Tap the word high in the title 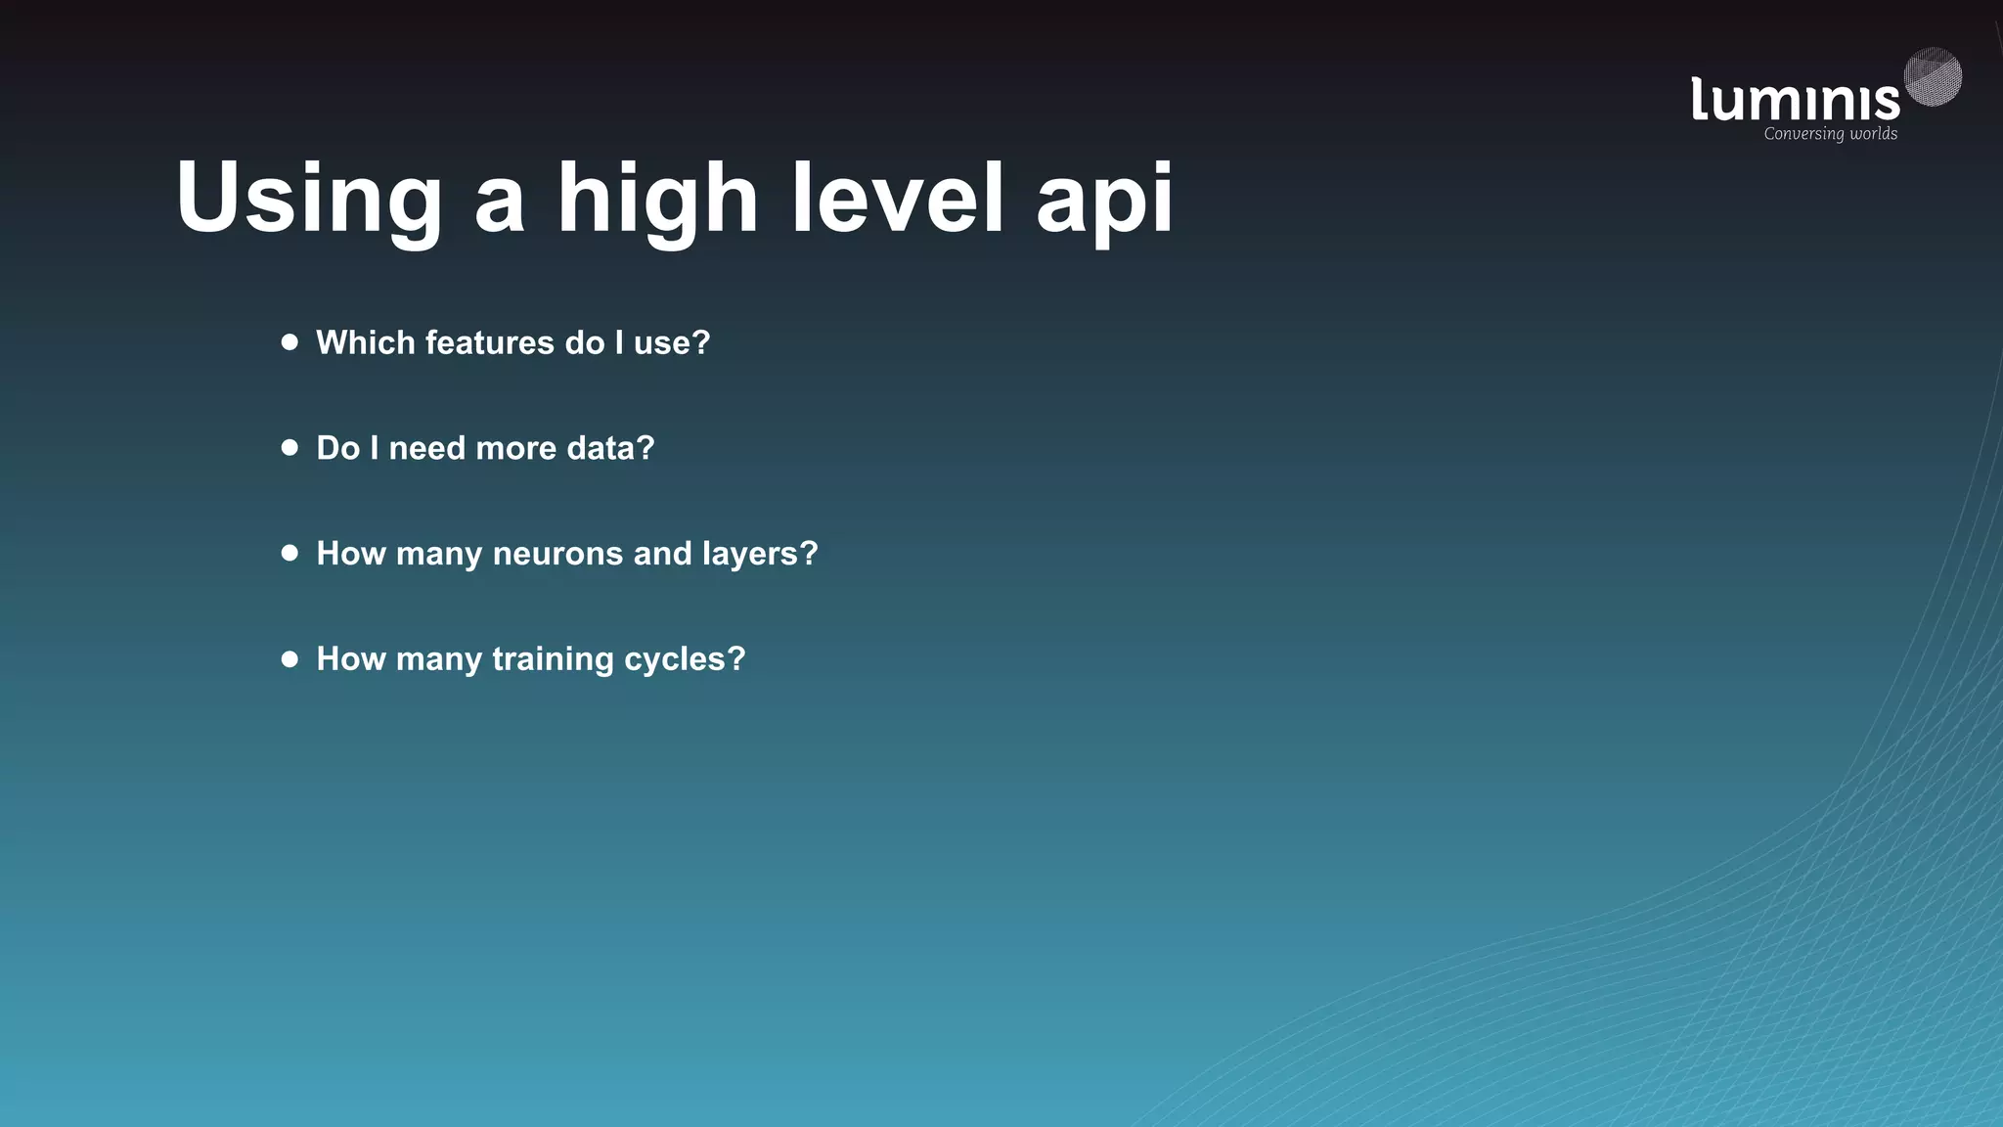[x=657, y=199]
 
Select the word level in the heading [x=898, y=199]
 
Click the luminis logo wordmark [x=1795, y=100]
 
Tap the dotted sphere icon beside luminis [x=1933, y=76]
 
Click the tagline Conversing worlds [x=1830, y=134]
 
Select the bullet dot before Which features [x=289, y=342]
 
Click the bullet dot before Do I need [x=289, y=448]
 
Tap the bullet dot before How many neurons [x=289, y=553]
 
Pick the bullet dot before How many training [x=289, y=658]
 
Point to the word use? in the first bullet [x=672, y=343]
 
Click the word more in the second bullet [x=515, y=448]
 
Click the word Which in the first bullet [x=365, y=343]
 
